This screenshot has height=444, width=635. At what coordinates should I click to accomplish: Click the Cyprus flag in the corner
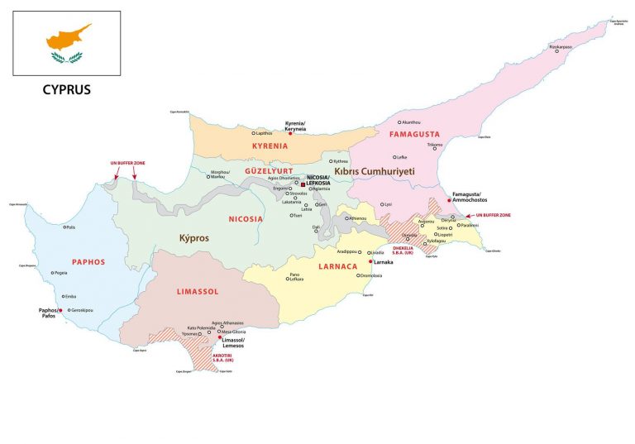click(x=66, y=44)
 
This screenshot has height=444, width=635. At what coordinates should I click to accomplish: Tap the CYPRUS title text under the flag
click(x=66, y=89)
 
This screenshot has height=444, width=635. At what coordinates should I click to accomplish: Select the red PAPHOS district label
click(x=88, y=262)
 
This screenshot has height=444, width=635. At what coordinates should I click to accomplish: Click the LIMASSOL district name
click(x=197, y=293)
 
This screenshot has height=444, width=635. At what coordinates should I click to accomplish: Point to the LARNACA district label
click(x=337, y=266)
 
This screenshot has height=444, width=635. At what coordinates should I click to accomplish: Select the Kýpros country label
click(x=195, y=238)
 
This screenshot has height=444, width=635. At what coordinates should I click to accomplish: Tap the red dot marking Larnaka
click(x=370, y=261)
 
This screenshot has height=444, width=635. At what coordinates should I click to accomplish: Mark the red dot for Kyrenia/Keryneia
click(x=290, y=132)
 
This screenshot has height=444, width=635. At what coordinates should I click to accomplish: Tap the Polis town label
click(x=70, y=227)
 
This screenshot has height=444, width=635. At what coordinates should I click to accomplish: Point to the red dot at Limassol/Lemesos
click(x=219, y=338)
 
